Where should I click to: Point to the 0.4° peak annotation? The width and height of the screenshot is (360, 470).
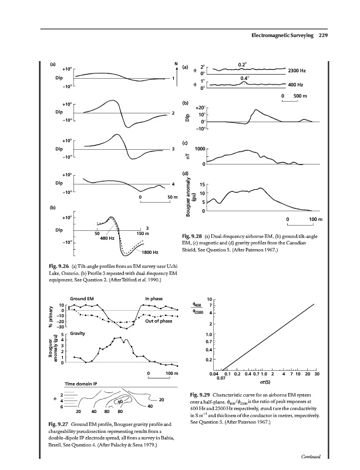click(x=245, y=77)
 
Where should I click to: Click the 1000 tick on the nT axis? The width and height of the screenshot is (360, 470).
click(x=199, y=149)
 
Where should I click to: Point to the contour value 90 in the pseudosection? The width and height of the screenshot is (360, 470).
click(x=119, y=402)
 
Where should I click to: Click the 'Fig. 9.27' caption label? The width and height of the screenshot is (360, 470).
click(x=59, y=424)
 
